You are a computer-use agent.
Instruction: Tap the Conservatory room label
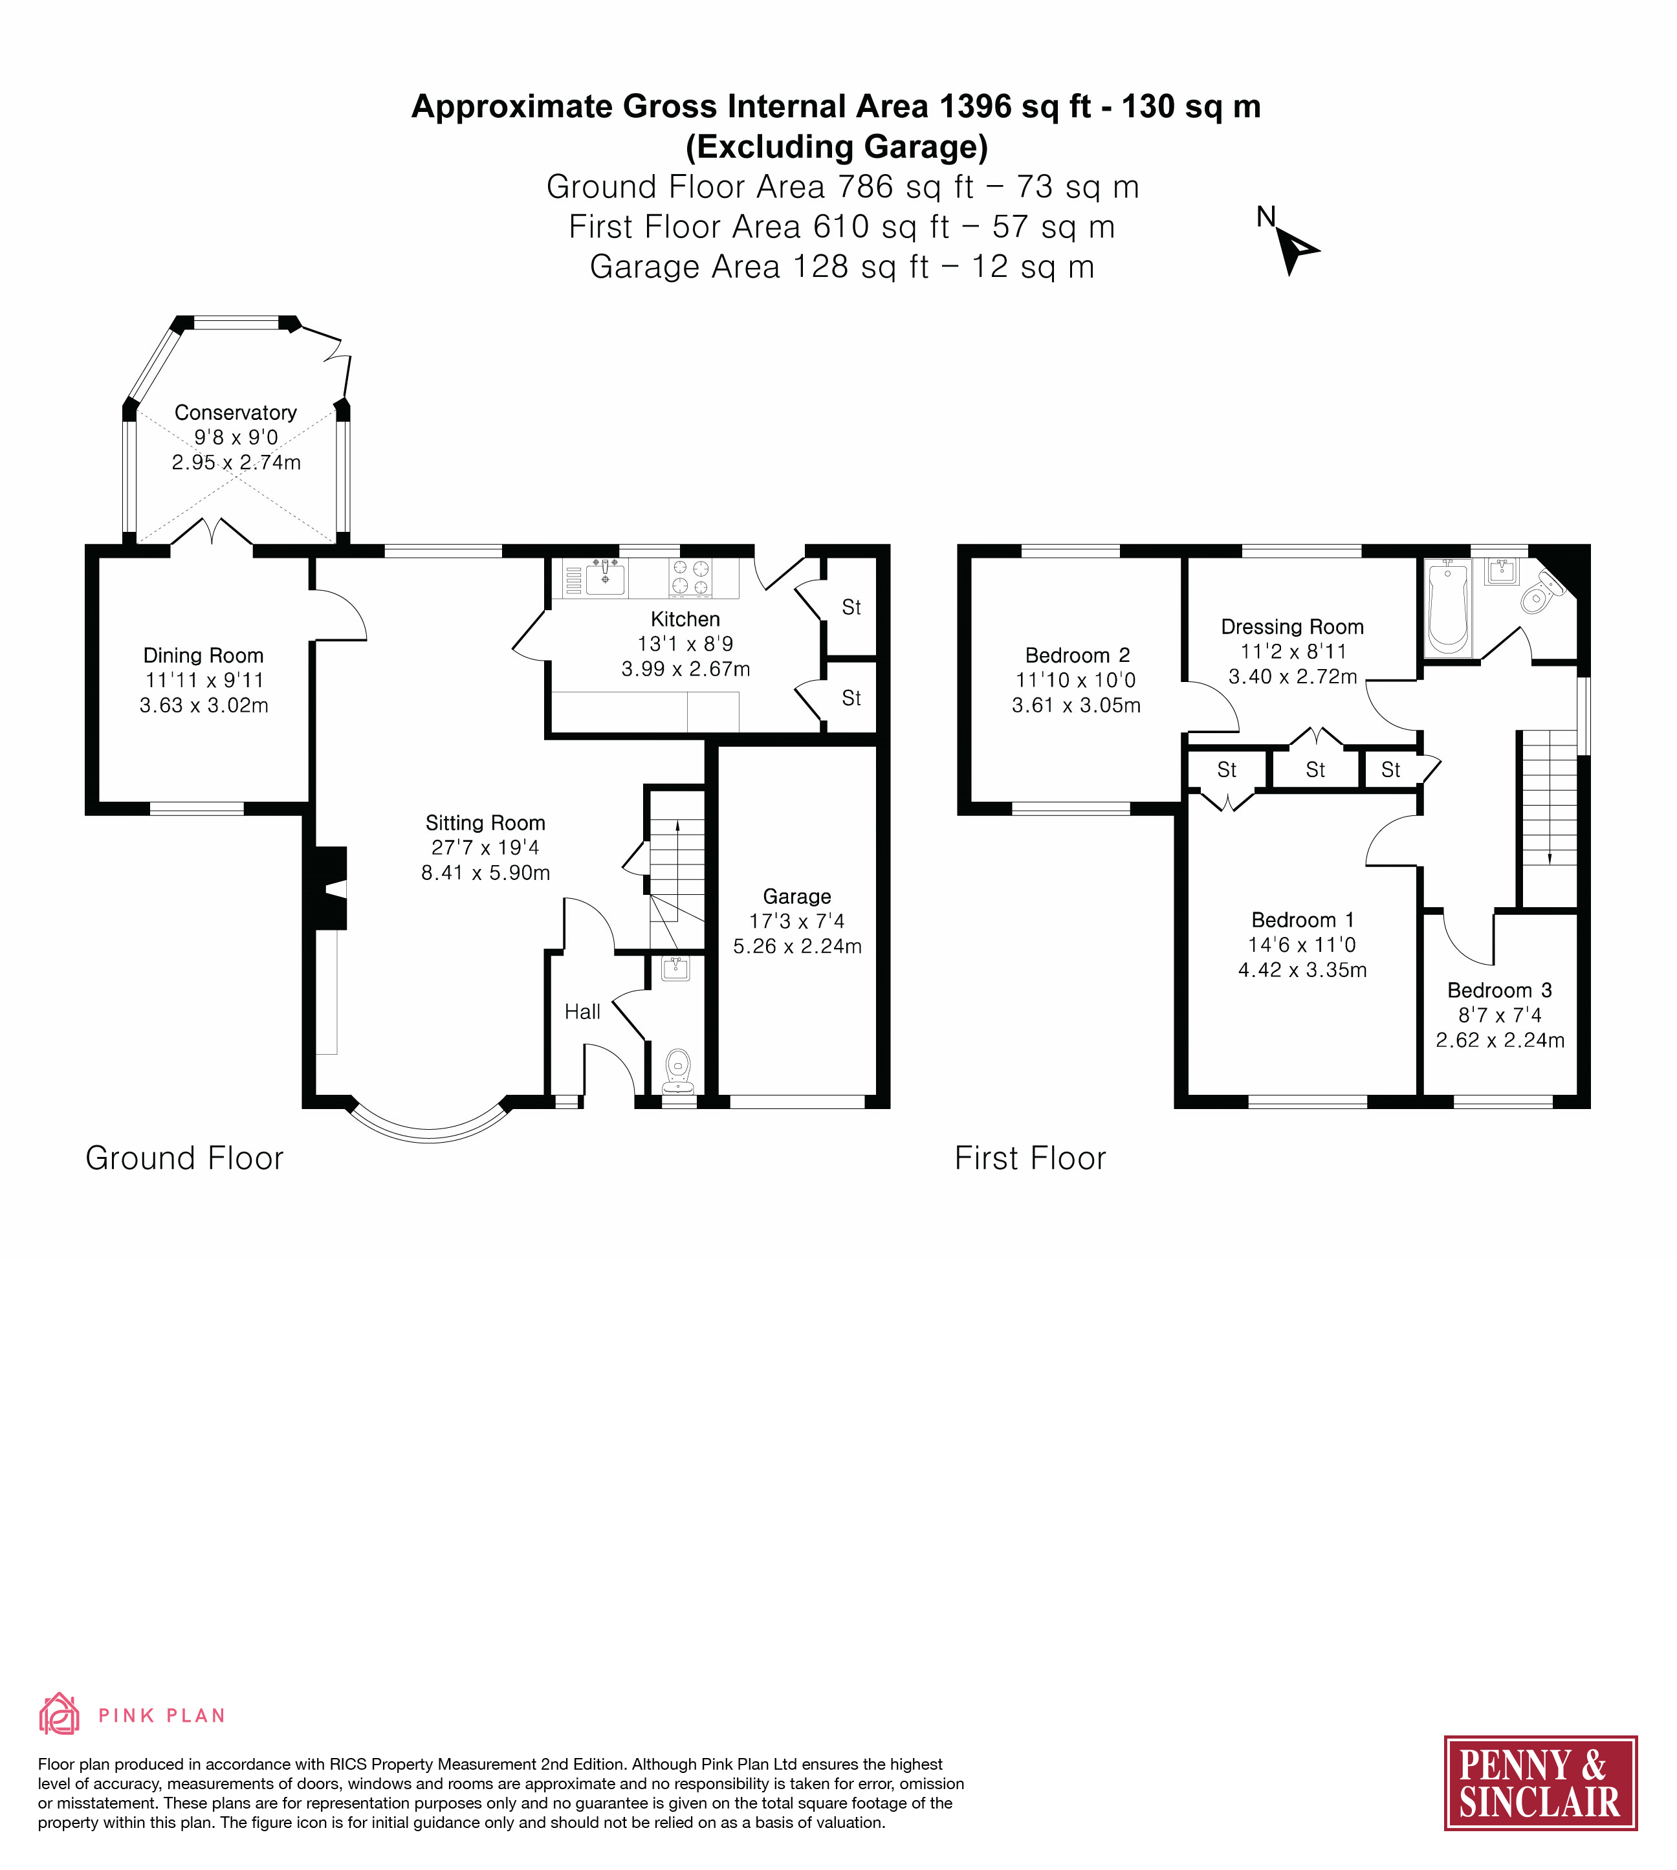pyautogui.click(x=236, y=413)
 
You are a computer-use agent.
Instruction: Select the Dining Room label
pyautogui.click(x=204, y=655)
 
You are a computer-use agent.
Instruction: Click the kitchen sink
pyautogui.click(x=604, y=578)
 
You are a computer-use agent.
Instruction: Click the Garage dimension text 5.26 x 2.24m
pyautogui.click(x=797, y=947)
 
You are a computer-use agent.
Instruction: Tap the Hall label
pyautogui.click(x=582, y=1012)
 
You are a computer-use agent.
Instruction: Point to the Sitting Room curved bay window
pyautogui.click(x=430, y=1133)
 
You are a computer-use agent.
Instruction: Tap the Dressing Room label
pyautogui.click(x=1292, y=627)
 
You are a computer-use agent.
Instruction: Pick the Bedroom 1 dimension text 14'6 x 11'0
pyautogui.click(x=1302, y=945)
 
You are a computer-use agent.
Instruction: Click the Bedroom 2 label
pyautogui.click(x=1077, y=655)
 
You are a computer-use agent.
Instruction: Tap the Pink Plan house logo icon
pyautogui.click(x=59, y=1714)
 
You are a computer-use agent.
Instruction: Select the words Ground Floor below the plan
pyautogui.click(x=184, y=1158)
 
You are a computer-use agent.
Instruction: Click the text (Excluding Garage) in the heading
pyautogui.click(x=837, y=146)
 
